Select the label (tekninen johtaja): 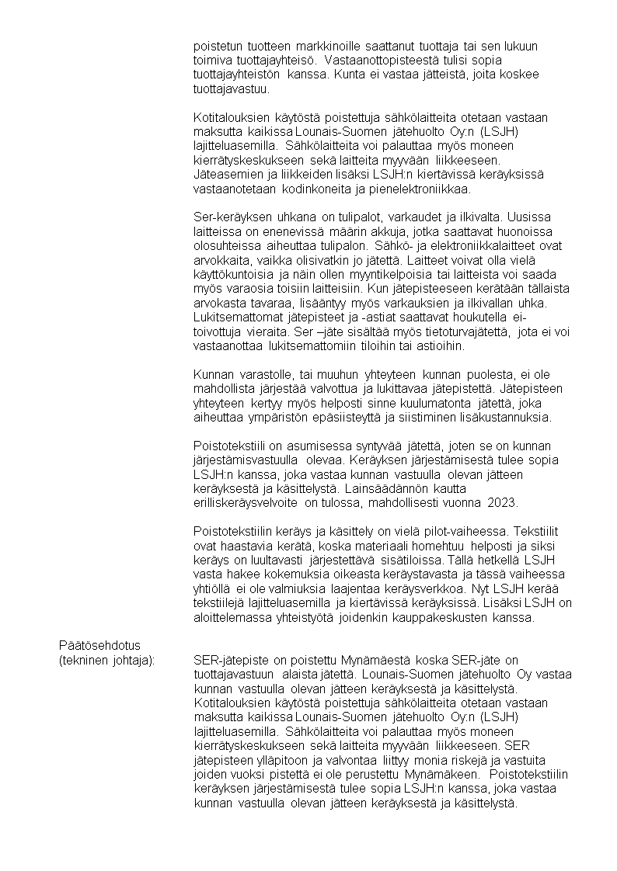pyautogui.click(x=107, y=660)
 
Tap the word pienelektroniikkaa pyautogui.click(x=418, y=189)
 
